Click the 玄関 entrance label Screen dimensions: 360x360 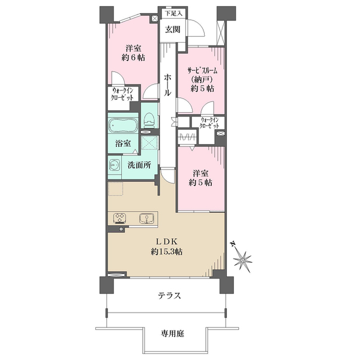pos(173,29)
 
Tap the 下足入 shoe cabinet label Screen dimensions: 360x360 pos(173,14)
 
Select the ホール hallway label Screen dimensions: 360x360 pos(167,85)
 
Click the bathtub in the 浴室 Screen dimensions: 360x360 pos(123,125)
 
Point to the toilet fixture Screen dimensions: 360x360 pos(149,121)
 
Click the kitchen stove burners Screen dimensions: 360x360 pos(119,218)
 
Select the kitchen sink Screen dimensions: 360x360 pos(146,218)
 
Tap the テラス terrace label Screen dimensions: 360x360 pos(169,295)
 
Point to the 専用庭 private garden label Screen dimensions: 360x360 pos(172,333)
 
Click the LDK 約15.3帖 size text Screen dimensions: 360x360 pos(167,252)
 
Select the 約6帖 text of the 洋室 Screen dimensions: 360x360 pos(133,58)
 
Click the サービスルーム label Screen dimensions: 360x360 pos(203,71)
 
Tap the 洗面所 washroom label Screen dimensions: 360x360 pos(139,165)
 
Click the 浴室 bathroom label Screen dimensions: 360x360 pos(123,143)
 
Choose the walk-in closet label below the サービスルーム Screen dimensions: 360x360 pos(209,123)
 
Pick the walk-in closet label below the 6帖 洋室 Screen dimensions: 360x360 pos(122,94)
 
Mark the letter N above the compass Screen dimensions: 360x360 pos(233,244)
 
